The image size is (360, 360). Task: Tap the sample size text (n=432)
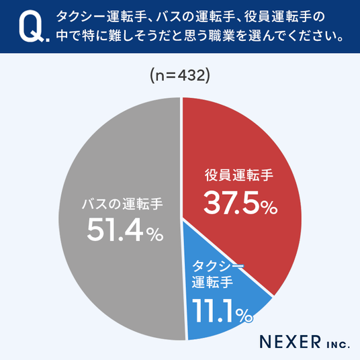point(180,76)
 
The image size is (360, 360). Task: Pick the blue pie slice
point(220,298)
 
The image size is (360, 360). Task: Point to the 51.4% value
point(125,230)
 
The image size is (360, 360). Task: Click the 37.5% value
point(240,203)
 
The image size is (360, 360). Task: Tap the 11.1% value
point(222,311)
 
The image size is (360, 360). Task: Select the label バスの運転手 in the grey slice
point(122,204)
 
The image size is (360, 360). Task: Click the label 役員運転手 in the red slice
point(239,175)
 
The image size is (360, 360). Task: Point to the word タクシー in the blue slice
point(217,267)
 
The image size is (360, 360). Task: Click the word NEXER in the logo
point(290,342)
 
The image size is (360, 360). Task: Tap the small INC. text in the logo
point(339,345)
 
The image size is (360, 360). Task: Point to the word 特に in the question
point(90,36)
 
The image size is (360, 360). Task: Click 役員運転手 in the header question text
point(278,17)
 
